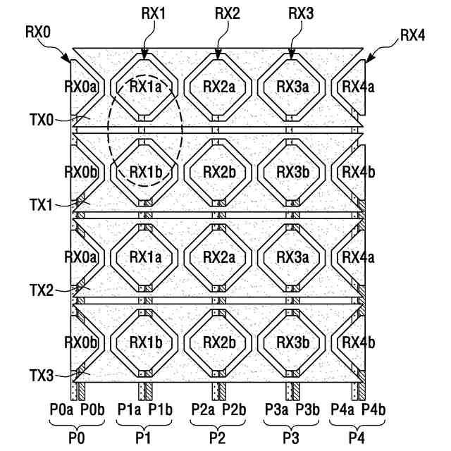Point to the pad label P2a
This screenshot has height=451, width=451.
(201, 409)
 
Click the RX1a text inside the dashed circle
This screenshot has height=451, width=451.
(145, 87)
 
